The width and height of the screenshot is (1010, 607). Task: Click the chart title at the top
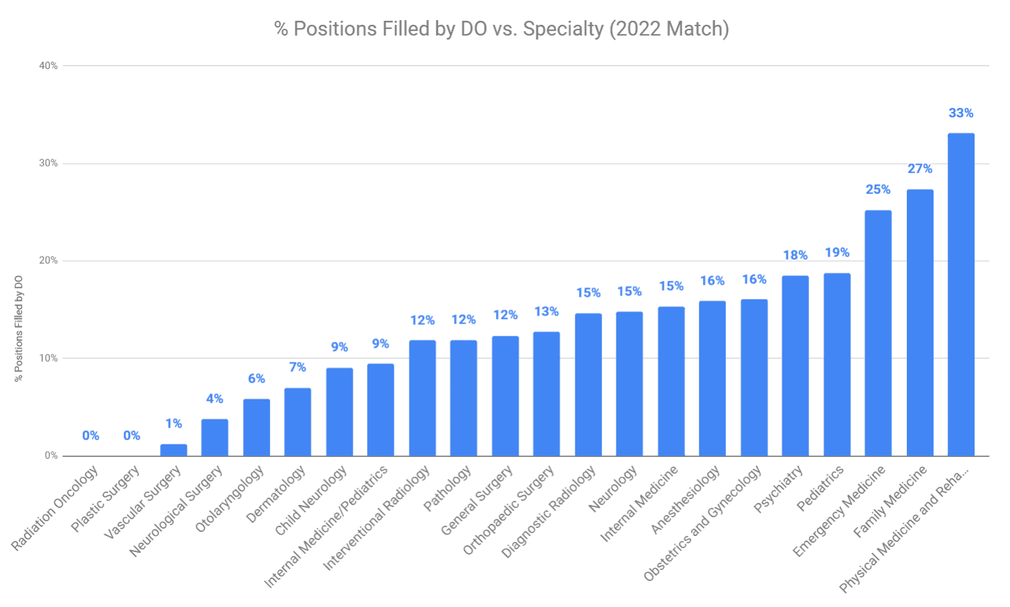point(501,29)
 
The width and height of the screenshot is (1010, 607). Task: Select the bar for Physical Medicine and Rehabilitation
point(960,295)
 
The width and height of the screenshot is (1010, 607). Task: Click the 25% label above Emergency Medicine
point(878,190)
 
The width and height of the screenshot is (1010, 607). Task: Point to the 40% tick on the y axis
point(48,66)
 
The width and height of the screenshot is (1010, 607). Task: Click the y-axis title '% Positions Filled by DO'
point(19,328)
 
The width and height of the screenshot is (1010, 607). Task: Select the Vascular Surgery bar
point(173,450)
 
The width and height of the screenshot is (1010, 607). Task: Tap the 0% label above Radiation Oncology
point(90,436)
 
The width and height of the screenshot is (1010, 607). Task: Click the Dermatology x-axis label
point(276,494)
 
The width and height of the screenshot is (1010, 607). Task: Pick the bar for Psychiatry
point(795,366)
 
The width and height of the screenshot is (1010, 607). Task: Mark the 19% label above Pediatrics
point(837,253)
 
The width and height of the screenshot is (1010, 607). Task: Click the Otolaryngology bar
point(257,427)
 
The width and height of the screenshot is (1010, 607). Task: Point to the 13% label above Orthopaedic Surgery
point(547,312)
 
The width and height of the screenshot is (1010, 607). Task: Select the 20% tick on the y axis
point(48,261)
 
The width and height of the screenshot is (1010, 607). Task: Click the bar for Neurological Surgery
point(214,437)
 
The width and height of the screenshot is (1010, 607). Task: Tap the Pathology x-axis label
point(447,490)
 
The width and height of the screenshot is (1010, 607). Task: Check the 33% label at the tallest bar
point(960,113)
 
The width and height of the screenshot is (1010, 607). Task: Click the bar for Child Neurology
point(339,412)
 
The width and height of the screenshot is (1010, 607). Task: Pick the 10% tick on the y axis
point(48,358)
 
